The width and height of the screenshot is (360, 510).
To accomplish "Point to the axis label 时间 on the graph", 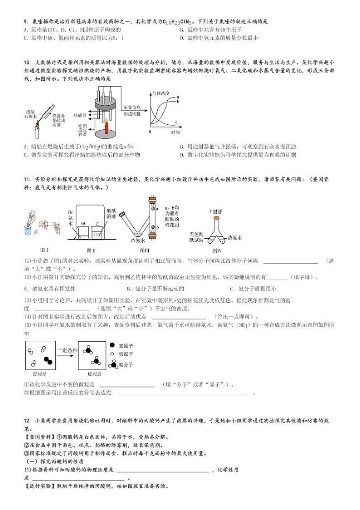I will (175, 132).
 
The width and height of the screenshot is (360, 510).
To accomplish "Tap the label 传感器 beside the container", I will (81, 115).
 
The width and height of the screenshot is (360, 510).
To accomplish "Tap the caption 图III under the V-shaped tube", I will (145, 250).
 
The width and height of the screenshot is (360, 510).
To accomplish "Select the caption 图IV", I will (217, 250).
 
